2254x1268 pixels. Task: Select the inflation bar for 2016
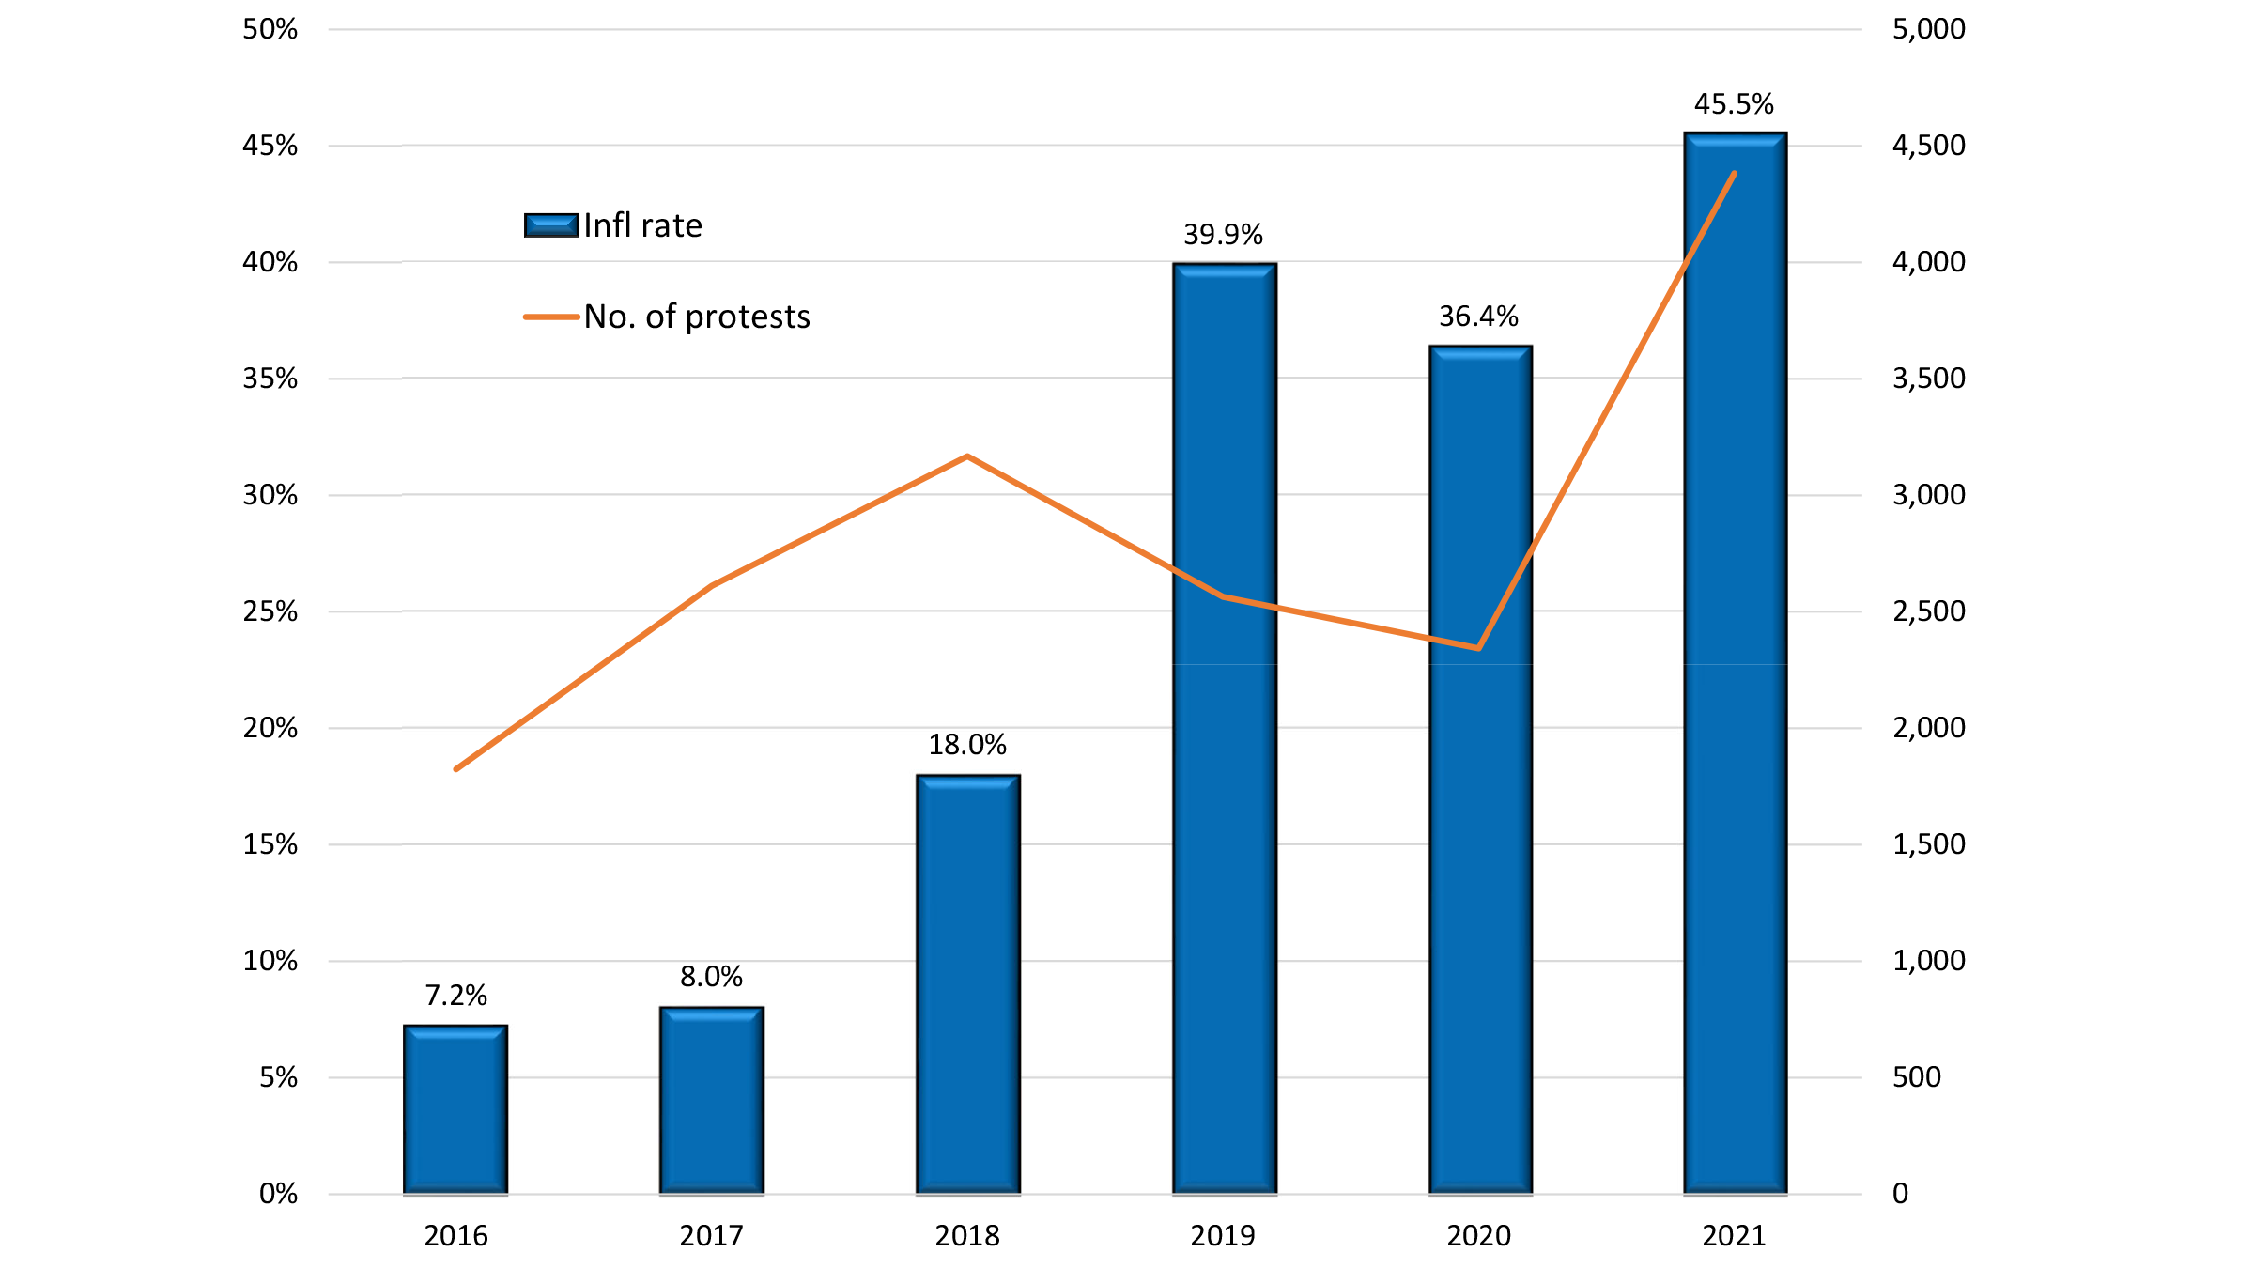[455, 1109]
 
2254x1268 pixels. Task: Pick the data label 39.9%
[1223, 235]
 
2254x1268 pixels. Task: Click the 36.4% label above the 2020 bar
[1478, 317]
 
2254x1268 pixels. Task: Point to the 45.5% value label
[1734, 104]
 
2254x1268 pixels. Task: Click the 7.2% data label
[455, 996]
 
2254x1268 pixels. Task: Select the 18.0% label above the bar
[967, 745]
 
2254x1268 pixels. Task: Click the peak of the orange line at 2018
[967, 456]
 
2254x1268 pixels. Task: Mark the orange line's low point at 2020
[1478, 648]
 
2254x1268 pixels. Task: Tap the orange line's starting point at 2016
[456, 769]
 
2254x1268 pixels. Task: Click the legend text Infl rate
[642, 225]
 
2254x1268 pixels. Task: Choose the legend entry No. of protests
[696, 317]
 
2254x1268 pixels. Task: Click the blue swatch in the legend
[551, 225]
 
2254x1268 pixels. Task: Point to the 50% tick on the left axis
[270, 29]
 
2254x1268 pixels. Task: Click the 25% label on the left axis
[270, 611]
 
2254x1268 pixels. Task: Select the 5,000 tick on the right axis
[1928, 29]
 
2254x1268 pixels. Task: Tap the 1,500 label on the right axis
[1928, 844]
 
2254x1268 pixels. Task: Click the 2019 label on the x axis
[1223, 1235]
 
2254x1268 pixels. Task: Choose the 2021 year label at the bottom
[1734, 1235]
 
